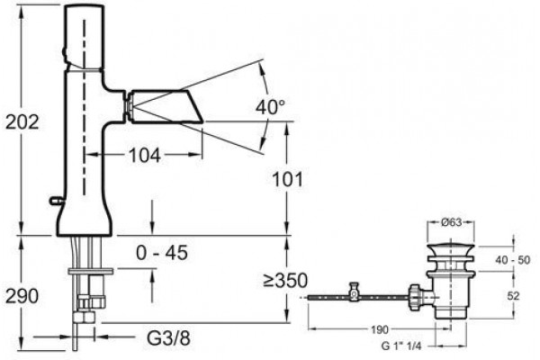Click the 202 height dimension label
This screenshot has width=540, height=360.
point(22,122)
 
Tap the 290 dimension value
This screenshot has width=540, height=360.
point(22,296)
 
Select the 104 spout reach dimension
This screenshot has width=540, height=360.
point(145,156)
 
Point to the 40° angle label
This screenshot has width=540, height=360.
point(270,107)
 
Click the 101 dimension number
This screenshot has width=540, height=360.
point(288,179)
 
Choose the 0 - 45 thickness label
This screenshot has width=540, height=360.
point(162,253)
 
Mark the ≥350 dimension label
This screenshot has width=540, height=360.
point(285,281)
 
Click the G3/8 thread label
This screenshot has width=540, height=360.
point(168,338)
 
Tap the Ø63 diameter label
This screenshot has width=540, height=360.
point(451,222)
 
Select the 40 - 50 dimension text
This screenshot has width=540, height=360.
point(513,260)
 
